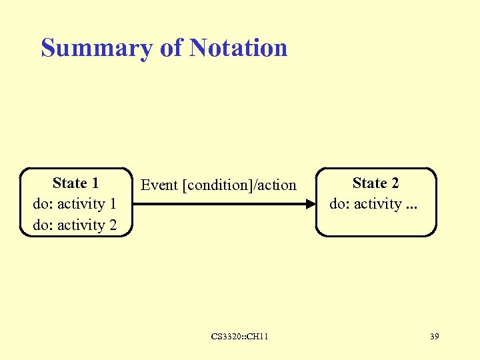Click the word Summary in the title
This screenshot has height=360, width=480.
tap(97, 48)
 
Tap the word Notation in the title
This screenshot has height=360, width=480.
tap(238, 48)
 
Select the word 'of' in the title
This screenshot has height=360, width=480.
tap(172, 48)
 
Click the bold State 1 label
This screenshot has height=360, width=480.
tap(75, 183)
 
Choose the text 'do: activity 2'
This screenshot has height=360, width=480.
tap(74, 225)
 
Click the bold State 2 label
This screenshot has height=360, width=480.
tap(375, 183)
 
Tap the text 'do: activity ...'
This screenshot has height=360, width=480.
tap(375, 204)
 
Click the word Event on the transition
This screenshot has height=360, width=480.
tap(159, 185)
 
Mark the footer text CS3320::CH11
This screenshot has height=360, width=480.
tap(239, 337)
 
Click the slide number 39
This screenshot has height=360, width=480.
tap(434, 337)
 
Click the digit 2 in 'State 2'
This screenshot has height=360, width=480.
tap(395, 183)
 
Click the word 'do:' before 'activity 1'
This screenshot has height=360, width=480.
tap(43, 204)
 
